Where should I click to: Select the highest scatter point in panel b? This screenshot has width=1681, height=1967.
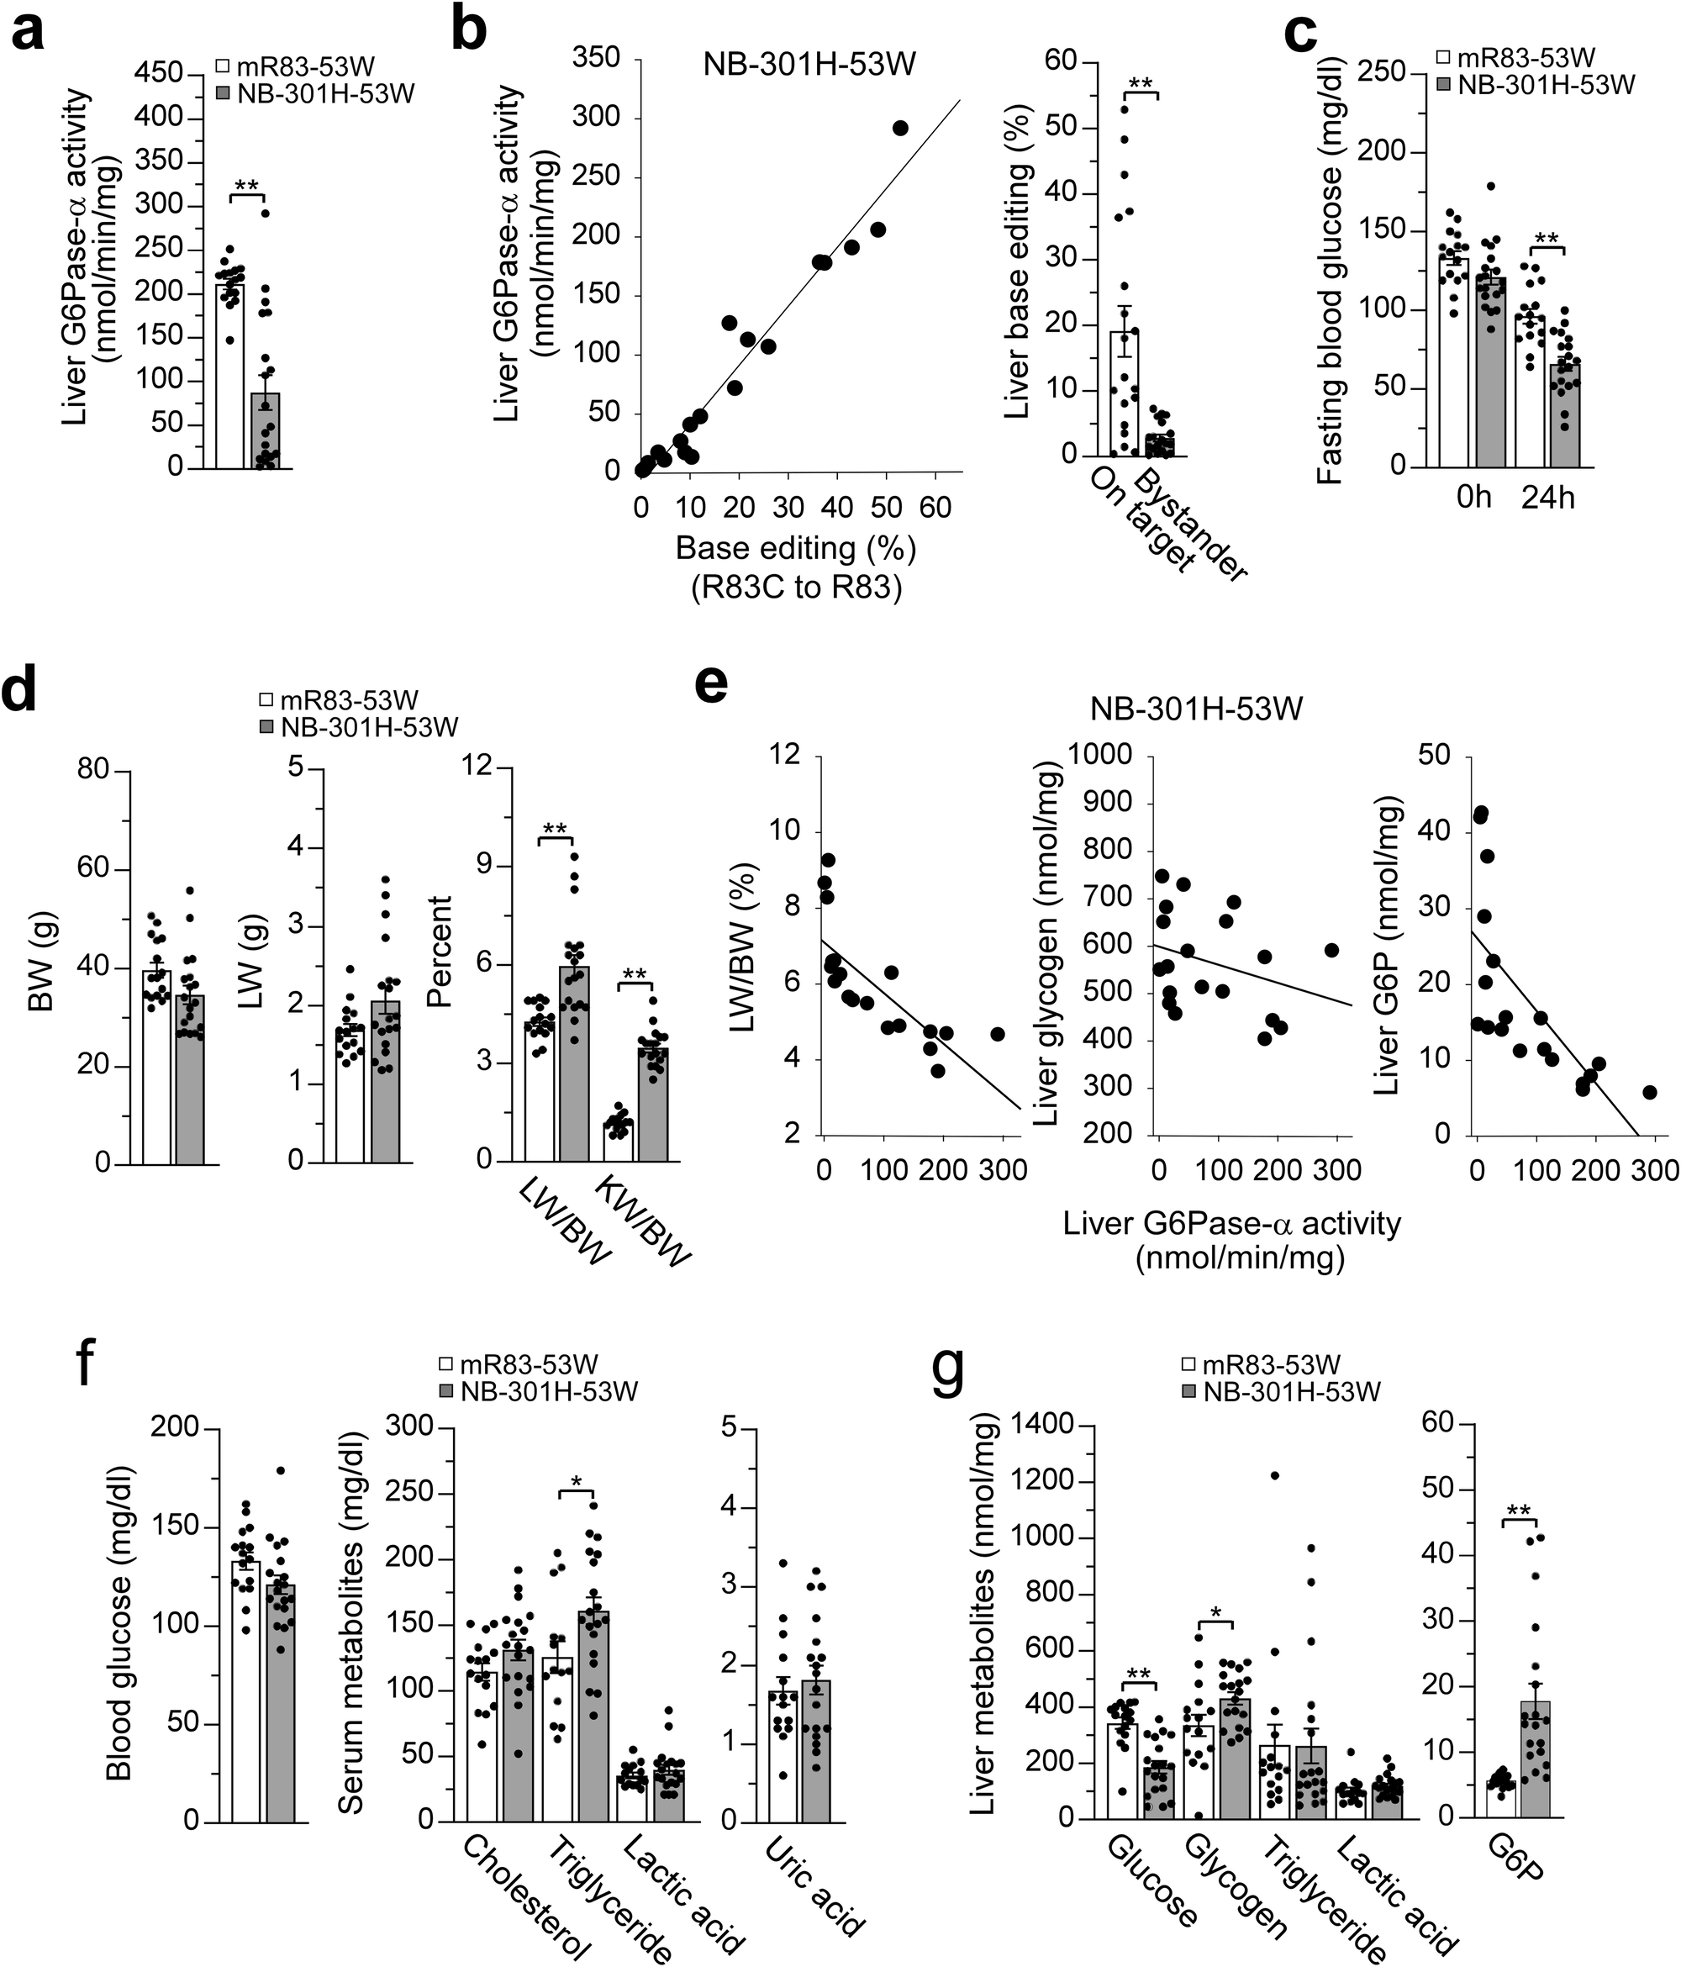click(901, 128)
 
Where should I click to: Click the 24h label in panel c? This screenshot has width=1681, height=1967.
click(1547, 498)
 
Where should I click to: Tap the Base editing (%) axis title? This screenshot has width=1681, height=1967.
click(795, 548)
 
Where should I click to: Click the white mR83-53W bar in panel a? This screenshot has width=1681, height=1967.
click(229, 375)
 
